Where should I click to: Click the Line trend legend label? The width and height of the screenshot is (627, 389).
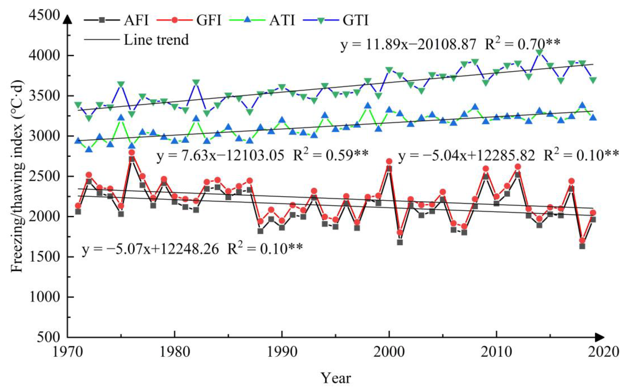(156, 40)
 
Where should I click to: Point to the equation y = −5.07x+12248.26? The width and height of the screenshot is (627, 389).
(151, 249)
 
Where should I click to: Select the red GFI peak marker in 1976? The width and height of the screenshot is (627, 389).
(132, 153)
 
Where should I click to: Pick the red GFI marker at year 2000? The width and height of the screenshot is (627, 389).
(389, 162)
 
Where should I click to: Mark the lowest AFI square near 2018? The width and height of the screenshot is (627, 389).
(582, 246)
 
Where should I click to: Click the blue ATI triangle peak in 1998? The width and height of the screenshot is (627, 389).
(368, 105)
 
